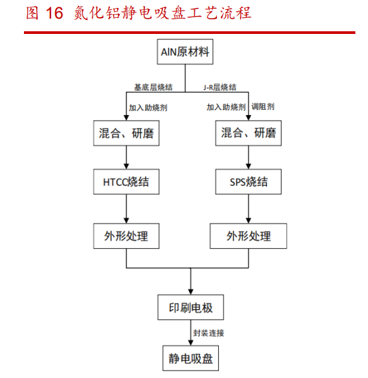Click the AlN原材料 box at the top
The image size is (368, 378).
pyautogui.click(x=186, y=53)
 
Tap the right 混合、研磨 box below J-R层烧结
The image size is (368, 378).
pyautogui.click(x=249, y=133)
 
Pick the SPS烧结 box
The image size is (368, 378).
pyautogui.click(x=249, y=182)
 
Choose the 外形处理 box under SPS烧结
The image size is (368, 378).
pyautogui.click(x=249, y=236)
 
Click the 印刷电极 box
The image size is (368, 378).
pyautogui.click(x=190, y=308)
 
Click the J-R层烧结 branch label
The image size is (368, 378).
pyautogui.click(x=220, y=87)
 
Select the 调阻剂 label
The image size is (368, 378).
pyautogui.click(x=264, y=106)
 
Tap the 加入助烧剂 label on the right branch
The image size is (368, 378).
pyautogui.click(x=226, y=106)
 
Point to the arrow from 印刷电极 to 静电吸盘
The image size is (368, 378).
pyautogui.click(x=190, y=333)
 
